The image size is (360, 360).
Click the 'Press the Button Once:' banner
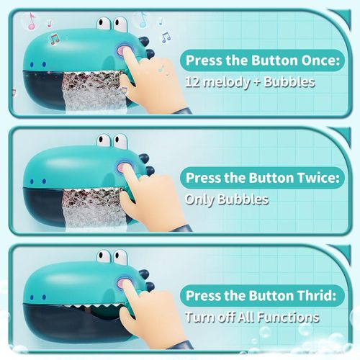261,60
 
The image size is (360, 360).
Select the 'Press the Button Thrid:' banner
261,295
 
